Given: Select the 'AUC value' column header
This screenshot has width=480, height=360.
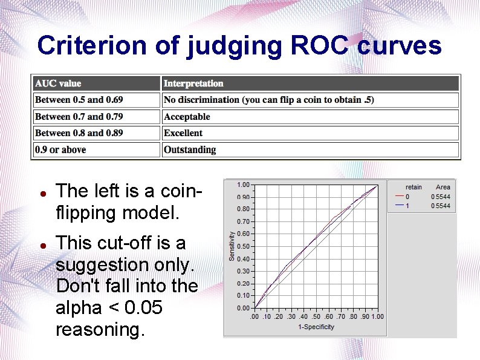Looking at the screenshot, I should tap(58, 83).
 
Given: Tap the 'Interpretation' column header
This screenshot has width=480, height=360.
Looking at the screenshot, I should tap(193, 83).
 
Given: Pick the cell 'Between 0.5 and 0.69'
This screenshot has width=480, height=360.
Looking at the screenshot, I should tap(79, 100).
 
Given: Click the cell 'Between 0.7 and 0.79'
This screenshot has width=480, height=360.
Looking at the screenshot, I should tap(79, 117).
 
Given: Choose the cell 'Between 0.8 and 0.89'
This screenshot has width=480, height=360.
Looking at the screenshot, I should tap(79, 133).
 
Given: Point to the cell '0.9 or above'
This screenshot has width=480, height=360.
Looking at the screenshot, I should tap(60, 149).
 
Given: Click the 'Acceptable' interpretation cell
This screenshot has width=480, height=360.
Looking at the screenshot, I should tap(187, 117).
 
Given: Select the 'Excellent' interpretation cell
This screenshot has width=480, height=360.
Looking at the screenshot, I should tap(183, 133).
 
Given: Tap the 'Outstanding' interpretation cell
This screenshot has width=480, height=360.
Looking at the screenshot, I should tap(190, 149).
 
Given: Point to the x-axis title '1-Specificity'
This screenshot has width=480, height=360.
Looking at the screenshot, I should tap(316, 327).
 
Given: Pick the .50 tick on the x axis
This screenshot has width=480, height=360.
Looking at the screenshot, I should tap(316, 316).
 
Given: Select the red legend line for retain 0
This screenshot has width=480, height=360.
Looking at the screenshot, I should tap(399, 197).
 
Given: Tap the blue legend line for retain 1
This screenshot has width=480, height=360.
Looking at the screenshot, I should tap(399, 206).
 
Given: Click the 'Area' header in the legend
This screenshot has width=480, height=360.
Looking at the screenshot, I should tap(443, 188).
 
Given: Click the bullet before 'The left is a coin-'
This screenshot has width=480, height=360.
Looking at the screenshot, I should tap(42, 193).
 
